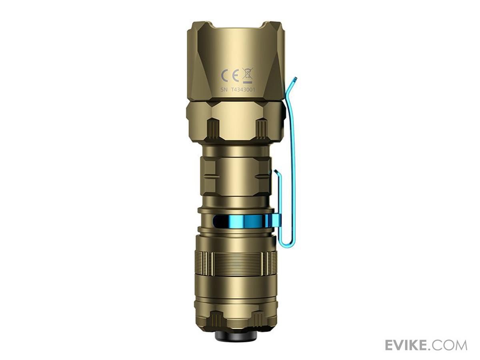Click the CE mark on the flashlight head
(230, 76)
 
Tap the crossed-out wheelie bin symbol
(247, 76)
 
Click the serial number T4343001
(243, 90)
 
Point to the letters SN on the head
(224, 90)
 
